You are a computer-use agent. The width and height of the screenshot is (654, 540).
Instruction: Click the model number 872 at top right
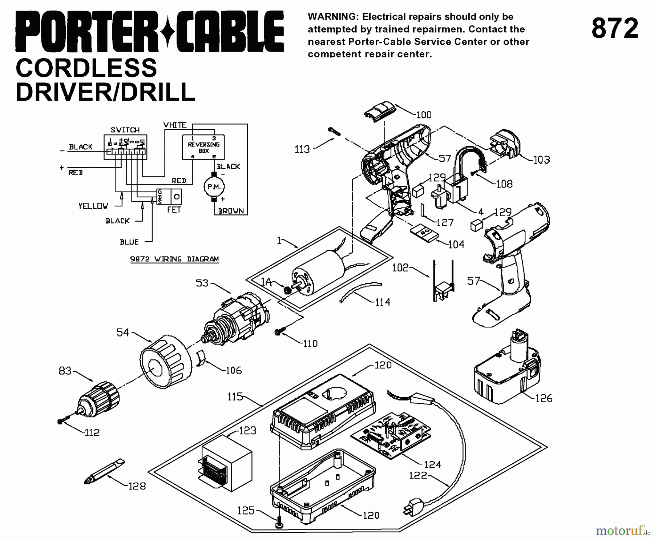pyautogui.click(x=615, y=29)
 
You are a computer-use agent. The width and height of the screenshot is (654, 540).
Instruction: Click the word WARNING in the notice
pyautogui.click(x=331, y=17)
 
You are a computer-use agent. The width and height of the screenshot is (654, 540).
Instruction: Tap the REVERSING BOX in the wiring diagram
pyautogui.click(x=203, y=147)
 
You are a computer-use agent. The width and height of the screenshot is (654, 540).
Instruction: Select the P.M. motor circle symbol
pyautogui.click(x=214, y=187)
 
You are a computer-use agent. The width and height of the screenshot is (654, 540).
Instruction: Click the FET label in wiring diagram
pyautogui.click(x=174, y=210)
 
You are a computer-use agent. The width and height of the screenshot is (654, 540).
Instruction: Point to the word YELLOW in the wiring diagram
pyautogui.click(x=93, y=206)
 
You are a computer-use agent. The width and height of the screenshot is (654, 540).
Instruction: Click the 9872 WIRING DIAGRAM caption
pyautogui.click(x=174, y=259)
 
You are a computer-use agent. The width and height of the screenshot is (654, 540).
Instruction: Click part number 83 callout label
pyautogui.click(x=65, y=371)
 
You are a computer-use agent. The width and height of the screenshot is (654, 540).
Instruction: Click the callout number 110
pyautogui.click(x=310, y=343)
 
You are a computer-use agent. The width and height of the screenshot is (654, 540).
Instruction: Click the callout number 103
pyautogui.click(x=541, y=160)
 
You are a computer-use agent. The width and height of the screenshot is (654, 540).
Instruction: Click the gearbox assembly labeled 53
pyautogui.click(x=236, y=320)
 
